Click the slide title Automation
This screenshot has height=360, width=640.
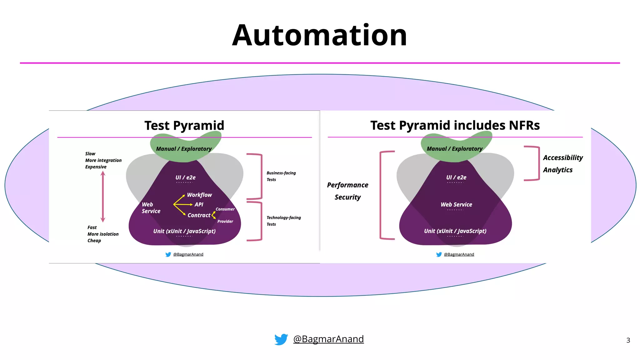coord(319,35)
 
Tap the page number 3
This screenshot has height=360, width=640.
coord(628,340)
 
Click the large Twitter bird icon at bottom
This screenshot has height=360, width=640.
coord(281,339)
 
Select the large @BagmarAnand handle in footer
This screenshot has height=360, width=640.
coord(328,339)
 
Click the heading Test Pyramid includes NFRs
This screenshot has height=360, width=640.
coord(455,125)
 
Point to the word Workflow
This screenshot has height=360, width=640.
coord(199,195)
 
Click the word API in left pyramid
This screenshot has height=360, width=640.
coord(199,205)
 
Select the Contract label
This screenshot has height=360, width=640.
coord(199,215)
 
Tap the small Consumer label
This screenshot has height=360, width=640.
coord(225,209)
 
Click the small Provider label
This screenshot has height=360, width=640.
coord(225,221)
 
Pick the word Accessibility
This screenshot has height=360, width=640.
coord(563,158)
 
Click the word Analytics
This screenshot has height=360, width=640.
coord(557,170)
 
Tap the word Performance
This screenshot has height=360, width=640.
coord(347,185)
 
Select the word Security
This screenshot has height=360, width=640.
coord(347,197)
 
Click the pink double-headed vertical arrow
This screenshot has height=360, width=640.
coord(103,197)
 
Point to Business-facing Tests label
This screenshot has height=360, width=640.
coord(281,176)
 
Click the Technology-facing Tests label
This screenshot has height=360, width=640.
coord(283,221)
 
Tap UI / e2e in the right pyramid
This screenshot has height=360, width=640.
coord(456,177)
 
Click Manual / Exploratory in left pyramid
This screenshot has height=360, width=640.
coord(184,149)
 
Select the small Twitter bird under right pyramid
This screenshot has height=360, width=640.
coord(439,254)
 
